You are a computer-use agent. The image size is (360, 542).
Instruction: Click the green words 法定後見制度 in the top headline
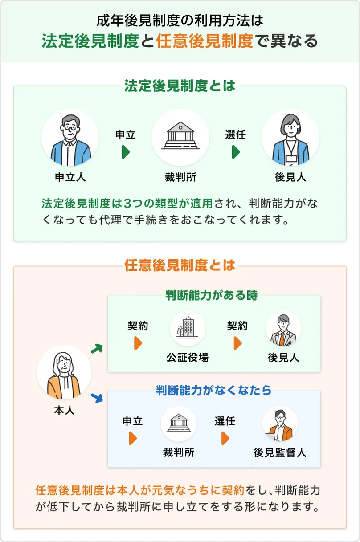(x=90, y=41)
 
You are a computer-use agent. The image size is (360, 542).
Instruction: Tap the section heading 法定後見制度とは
(x=180, y=86)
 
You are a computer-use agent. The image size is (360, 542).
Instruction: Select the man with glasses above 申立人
(x=70, y=138)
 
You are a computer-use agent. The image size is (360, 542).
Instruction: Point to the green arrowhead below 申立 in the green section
(x=126, y=152)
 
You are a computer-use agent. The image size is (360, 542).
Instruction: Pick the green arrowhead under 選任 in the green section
(x=236, y=152)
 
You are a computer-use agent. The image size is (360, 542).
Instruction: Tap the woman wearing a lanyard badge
(x=290, y=138)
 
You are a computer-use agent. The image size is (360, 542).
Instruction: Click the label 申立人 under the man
(x=70, y=177)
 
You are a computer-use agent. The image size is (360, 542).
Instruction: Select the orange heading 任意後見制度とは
(x=180, y=266)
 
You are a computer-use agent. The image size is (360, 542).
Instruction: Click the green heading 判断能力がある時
(x=211, y=295)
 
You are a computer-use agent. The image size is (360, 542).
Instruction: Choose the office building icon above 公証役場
(x=187, y=329)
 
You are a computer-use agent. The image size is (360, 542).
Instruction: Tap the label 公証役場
(x=188, y=357)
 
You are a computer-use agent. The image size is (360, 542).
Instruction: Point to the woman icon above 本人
(x=64, y=371)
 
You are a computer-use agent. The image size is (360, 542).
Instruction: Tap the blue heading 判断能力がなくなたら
(x=214, y=391)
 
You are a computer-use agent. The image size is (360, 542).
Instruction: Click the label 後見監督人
(x=280, y=453)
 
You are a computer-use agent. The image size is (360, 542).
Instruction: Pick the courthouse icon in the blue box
(x=179, y=424)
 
